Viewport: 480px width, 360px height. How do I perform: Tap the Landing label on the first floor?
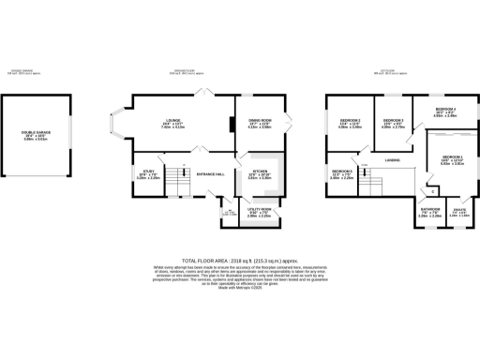coord(392,160)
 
